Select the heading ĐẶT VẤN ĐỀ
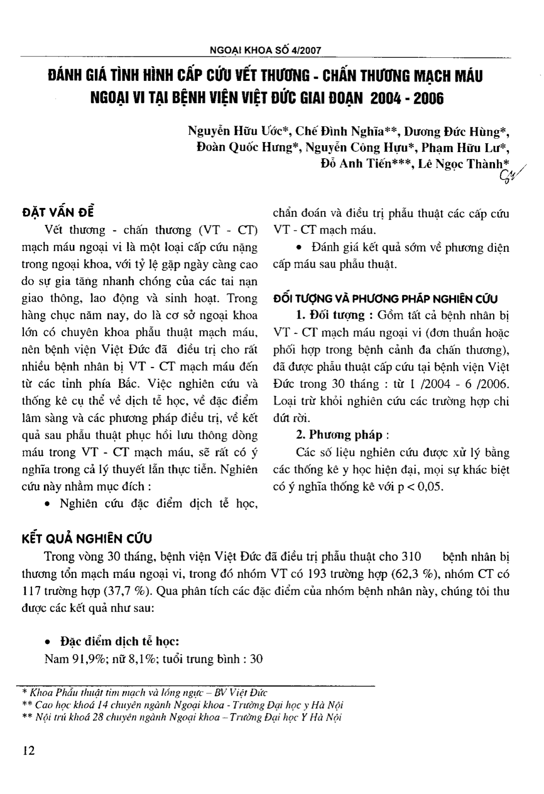pos(58,212)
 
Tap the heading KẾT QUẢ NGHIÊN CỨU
pos(87,539)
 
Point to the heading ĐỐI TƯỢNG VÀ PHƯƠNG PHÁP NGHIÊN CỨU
pos(386,299)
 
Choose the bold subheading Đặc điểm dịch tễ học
pos(119,641)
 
